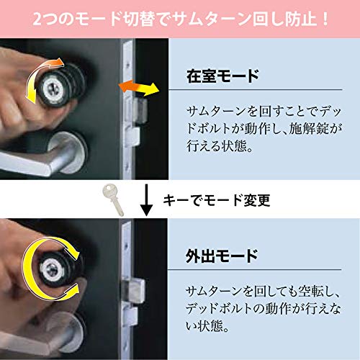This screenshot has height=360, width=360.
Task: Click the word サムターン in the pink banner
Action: (199, 18)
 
